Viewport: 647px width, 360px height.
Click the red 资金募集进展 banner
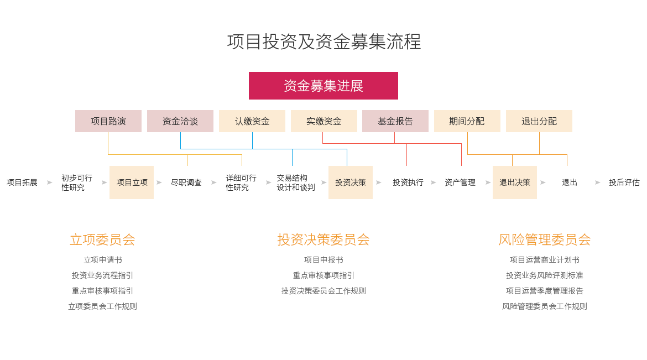coord(323,86)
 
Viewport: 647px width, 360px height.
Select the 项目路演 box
coord(108,121)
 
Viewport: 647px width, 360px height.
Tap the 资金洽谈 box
coord(180,121)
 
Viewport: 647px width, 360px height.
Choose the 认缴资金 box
coord(252,121)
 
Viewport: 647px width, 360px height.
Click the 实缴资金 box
coord(324,121)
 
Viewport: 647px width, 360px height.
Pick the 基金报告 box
coord(395,121)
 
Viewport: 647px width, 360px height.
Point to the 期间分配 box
coord(467,121)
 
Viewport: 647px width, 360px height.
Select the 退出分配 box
coord(539,121)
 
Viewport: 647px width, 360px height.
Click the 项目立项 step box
coord(132,182)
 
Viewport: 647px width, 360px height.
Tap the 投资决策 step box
coord(351,182)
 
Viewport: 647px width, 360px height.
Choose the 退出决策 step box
coord(515,182)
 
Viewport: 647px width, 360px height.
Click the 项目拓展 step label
coord(22,182)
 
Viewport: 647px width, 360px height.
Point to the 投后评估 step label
coord(624,182)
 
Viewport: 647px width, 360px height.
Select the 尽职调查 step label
coord(186,182)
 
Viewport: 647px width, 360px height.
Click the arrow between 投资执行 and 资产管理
coord(433,182)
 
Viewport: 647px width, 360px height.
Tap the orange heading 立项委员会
coord(102,239)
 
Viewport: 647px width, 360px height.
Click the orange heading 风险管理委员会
coord(545,239)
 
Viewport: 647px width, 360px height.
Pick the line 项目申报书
coord(323,260)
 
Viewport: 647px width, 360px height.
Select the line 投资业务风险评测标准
coord(545,275)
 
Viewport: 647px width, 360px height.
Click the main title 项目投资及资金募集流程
coord(324,41)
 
